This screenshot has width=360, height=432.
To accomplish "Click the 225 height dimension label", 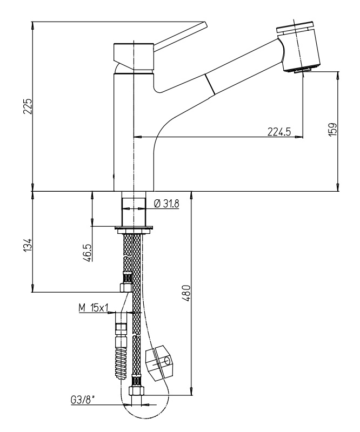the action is click(x=28, y=106).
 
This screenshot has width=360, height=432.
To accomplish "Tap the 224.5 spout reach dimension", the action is click(x=279, y=132).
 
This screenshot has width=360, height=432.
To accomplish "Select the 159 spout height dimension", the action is click(x=332, y=129).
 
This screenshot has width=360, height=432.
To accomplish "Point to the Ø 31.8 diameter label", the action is click(x=166, y=204).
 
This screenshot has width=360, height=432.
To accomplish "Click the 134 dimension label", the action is click(x=28, y=245).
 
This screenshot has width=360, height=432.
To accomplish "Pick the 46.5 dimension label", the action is click(x=88, y=252).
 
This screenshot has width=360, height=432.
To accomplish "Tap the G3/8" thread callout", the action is click(x=83, y=400).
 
